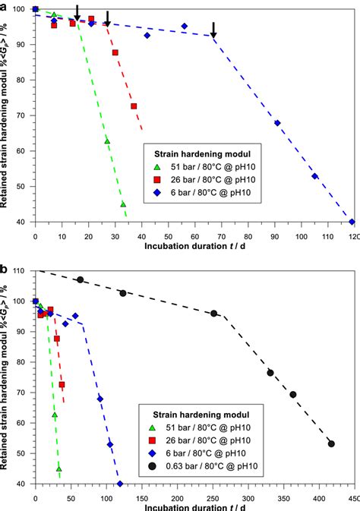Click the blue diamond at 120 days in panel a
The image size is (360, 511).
click(x=352, y=222)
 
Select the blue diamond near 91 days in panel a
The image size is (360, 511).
click(x=277, y=123)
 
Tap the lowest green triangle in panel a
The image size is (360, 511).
click(x=123, y=204)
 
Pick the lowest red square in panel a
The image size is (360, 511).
click(x=134, y=106)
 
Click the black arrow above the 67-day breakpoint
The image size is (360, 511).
click(x=213, y=30)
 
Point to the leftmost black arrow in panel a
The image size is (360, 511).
click(x=77, y=12)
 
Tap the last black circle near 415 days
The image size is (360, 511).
click(x=331, y=443)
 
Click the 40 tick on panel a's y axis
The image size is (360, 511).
click(x=27, y=222)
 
